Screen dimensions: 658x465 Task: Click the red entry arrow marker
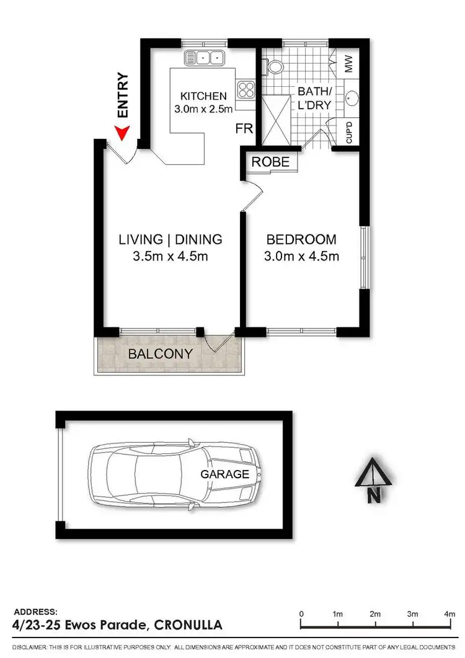point(122,131)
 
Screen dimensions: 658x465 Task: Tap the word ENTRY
point(123,96)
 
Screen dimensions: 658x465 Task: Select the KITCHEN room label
point(203,96)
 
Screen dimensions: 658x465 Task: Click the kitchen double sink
point(204,58)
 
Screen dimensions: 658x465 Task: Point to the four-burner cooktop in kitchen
point(246,90)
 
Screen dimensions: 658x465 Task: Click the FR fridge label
point(244,129)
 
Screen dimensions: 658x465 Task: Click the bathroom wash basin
point(353,98)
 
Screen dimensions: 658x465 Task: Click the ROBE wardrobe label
point(271,162)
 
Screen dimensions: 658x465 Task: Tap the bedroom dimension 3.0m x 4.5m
point(301,256)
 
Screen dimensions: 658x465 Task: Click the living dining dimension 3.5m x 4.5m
point(170,256)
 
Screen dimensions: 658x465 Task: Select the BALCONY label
point(160,355)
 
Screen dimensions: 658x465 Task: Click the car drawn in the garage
point(174,475)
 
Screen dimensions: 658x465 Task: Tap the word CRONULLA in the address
point(187,625)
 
